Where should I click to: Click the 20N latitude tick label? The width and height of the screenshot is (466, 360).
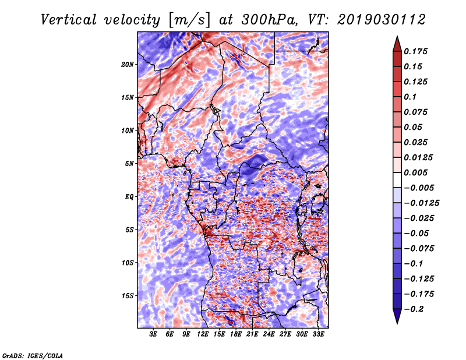pos(128,65)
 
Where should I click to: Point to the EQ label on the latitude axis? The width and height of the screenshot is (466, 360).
pos(129,197)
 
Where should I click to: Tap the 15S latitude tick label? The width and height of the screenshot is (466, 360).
pos(128,296)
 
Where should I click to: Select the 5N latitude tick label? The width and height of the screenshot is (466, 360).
pos(129,164)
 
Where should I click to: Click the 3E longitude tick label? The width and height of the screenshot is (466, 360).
pos(153,334)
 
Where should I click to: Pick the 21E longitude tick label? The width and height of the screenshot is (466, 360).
pos(252,334)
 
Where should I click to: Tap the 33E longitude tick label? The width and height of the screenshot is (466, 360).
pos(318,334)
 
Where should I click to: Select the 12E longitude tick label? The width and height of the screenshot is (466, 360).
pos(202,334)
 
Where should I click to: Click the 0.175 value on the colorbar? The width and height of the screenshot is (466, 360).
pos(415,51)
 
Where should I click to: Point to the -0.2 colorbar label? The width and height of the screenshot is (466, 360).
pos(414,309)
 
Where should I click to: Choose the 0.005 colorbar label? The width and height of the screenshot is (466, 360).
pos(415,172)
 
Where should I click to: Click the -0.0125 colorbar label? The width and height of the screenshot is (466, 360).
pos(421,203)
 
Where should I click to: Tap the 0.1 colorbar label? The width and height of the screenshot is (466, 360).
pos(410,97)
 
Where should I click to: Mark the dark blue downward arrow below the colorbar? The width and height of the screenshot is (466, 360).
pos(397,316)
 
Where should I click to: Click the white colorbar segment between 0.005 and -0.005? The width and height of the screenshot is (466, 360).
pos(397,180)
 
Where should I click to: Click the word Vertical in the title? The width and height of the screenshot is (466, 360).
pos(69,20)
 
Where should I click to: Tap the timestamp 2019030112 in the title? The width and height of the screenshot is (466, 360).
pos(382,20)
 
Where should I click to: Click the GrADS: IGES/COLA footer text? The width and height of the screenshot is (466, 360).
pos(33,355)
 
